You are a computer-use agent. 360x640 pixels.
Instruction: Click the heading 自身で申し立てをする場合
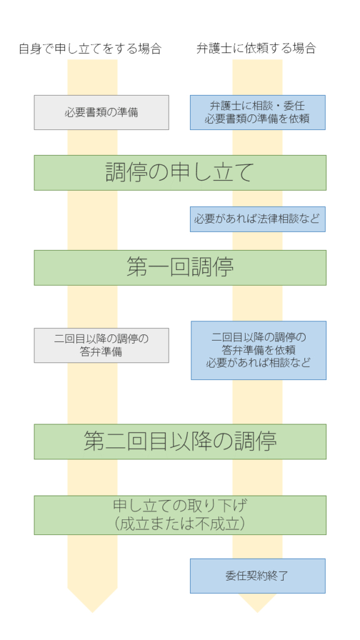tap(90, 49)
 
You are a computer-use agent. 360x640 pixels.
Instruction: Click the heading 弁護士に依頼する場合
tap(256, 49)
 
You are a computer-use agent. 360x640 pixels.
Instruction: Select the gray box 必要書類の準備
tap(101, 112)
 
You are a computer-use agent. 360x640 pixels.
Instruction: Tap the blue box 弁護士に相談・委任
tap(257, 112)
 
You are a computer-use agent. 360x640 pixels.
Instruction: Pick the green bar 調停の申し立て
tap(180, 172)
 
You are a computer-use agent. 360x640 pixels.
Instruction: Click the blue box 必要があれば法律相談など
tap(257, 219)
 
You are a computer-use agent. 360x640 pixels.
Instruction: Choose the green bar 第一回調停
tap(180, 267)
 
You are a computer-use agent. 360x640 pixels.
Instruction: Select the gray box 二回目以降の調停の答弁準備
tap(101, 345)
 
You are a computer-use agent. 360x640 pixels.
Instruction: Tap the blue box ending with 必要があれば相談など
tap(258, 351)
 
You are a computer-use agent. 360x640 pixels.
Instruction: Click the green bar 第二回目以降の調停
tap(180, 442)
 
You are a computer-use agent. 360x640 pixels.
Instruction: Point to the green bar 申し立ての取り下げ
tap(180, 515)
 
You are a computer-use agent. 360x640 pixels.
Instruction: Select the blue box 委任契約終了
tap(257, 576)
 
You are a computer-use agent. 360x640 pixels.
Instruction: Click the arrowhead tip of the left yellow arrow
tap(92, 612)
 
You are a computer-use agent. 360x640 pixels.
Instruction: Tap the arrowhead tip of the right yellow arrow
tap(257, 612)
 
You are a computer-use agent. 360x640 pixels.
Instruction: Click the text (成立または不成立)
tap(180, 524)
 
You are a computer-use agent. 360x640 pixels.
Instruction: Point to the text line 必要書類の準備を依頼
tap(257, 119)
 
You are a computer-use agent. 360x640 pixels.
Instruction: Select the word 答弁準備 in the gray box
tap(101, 352)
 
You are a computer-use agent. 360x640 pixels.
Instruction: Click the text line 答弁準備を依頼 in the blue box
tap(258, 350)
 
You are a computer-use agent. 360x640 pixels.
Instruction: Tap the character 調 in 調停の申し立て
tap(116, 172)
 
